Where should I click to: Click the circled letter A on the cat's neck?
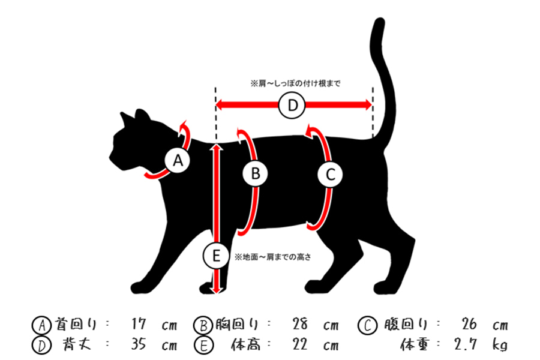click(x=178, y=160)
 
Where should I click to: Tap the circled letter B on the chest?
click(x=256, y=175)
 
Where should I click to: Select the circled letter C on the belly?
click(x=330, y=175)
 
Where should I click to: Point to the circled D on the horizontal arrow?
click(x=293, y=106)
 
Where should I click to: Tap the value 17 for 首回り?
click(x=138, y=325)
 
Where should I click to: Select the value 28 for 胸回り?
click(x=300, y=325)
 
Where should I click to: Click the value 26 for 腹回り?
click(x=469, y=325)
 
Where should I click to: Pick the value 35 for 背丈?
click(x=138, y=345)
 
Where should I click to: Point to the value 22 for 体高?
click(x=300, y=345)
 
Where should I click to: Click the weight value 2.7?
click(x=466, y=345)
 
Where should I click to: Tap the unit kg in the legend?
click(x=500, y=346)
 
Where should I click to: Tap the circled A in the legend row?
click(x=40, y=325)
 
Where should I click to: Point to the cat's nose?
click(x=110, y=160)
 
